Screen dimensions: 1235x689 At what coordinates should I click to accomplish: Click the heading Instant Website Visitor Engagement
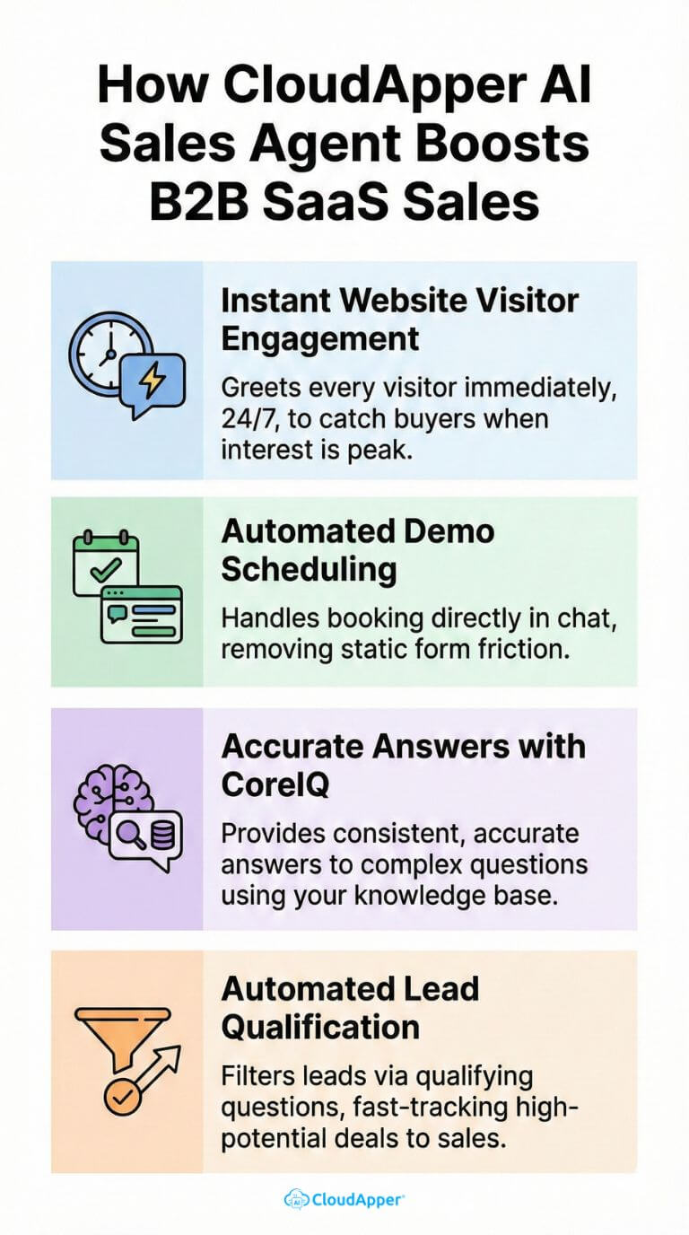point(399,319)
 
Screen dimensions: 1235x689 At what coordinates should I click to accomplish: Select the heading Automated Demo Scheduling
point(357,549)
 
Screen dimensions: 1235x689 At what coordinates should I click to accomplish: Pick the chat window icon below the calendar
point(141,615)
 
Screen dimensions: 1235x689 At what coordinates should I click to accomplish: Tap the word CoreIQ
point(275,784)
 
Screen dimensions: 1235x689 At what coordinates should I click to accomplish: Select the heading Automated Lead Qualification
point(350,1007)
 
